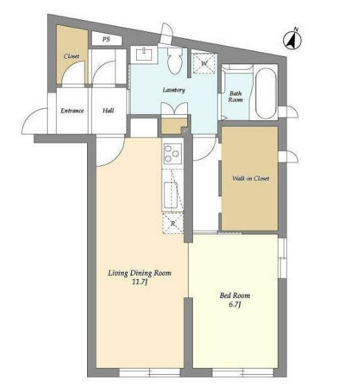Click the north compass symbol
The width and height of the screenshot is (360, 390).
[292, 39]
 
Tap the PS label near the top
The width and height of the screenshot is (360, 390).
[106, 39]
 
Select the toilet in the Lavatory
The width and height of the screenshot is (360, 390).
[175, 61]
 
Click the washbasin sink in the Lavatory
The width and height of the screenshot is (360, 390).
[144, 55]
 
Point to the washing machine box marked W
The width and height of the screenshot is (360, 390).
[204, 64]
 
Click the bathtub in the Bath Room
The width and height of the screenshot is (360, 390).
[266, 93]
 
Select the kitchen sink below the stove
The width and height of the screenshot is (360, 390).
[171, 195]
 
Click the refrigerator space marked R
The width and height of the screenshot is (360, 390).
[173, 223]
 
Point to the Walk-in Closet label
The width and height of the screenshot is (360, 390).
[251, 178]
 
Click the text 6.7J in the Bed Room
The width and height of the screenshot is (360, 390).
[235, 304]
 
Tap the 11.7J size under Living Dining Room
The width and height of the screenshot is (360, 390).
[140, 282]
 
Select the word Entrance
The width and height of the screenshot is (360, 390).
[73, 111]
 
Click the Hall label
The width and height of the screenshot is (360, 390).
[108, 111]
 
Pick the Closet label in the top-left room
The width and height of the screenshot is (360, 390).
[71, 57]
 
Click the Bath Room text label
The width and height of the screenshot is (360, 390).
[236, 97]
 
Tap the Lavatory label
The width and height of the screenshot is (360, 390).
[174, 90]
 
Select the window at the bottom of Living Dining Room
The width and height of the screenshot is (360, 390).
[150, 372]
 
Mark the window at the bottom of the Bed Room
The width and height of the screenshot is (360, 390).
[243, 372]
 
